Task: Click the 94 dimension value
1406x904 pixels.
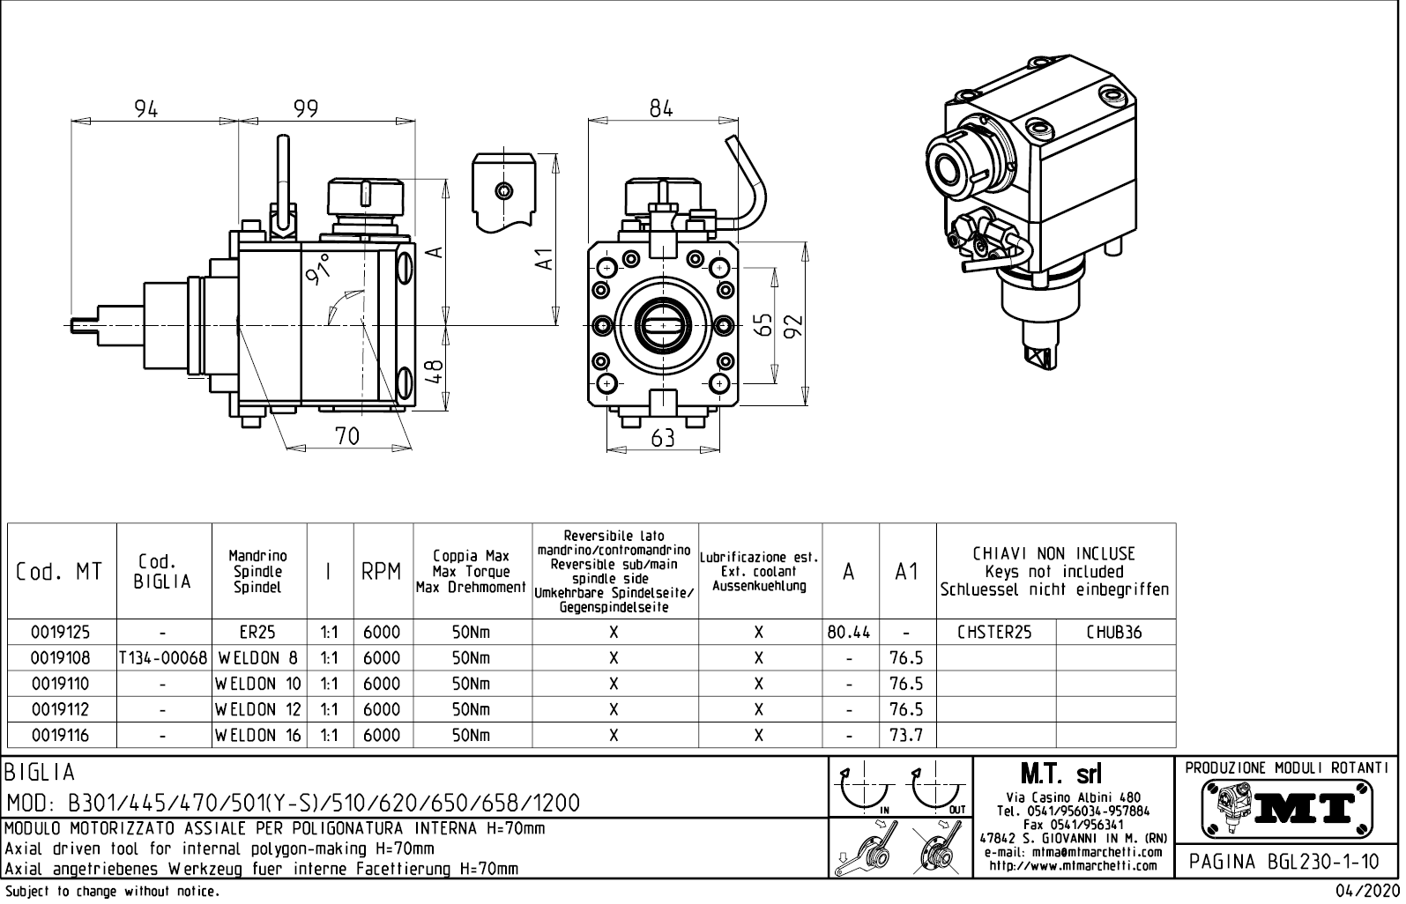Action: pos(146,108)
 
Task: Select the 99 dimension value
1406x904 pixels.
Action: pos(306,108)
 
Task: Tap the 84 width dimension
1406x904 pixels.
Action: pos(661,108)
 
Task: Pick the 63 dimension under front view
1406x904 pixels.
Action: pos(662,438)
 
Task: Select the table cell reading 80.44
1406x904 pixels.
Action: pos(850,633)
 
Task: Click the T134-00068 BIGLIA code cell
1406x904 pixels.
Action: pos(164,658)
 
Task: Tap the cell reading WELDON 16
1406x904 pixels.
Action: pos(259,735)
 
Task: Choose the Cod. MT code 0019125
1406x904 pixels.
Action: pos(60,633)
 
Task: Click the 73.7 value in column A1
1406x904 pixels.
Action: pos(906,735)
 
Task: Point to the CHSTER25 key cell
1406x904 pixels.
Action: pos(995,633)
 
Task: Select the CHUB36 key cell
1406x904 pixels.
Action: pos(1114,633)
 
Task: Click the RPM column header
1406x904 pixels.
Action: pos(382,572)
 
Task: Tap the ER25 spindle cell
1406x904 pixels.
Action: pos(257,633)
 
